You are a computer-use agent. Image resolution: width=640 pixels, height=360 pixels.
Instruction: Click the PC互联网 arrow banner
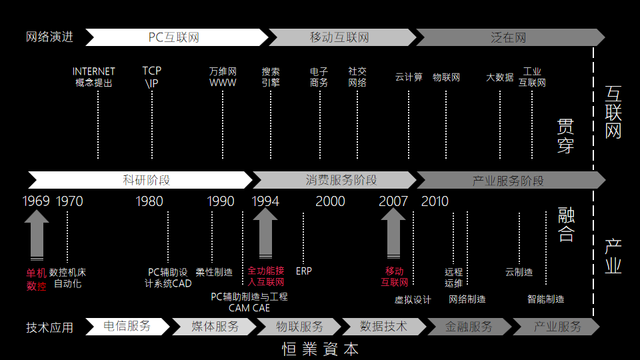(x=175, y=37)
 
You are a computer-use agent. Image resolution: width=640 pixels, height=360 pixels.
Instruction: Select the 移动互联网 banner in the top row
(x=340, y=37)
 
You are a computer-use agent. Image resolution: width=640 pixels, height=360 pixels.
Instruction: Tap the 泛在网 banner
(x=509, y=37)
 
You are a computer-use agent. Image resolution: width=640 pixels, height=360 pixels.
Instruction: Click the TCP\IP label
(x=152, y=77)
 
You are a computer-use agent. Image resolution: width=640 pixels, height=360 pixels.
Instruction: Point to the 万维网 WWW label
(x=223, y=77)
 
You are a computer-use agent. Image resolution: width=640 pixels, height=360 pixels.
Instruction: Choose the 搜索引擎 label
(x=271, y=77)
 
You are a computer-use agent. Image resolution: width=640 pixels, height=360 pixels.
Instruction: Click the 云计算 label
(x=409, y=77)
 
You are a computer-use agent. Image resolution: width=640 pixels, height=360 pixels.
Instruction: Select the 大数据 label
(x=499, y=77)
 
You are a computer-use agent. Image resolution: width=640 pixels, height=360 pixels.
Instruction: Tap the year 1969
(x=36, y=201)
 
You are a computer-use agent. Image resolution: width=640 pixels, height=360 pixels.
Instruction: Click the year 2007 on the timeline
(x=393, y=201)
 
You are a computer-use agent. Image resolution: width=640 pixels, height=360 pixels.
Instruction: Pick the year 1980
(x=149, y=201)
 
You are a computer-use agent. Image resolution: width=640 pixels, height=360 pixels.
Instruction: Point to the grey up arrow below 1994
(x=265, y=233)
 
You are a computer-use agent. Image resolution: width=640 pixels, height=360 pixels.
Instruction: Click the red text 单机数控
(x=37, y=279)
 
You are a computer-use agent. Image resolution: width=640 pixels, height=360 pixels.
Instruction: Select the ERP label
(x=303, y=271)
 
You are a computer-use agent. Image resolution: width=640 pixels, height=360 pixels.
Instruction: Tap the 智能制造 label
(x=545, y=299)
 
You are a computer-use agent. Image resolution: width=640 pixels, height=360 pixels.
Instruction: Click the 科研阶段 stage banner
(x=140, y=180)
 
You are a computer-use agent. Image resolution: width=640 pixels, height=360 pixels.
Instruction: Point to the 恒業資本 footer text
(x=320, y=349)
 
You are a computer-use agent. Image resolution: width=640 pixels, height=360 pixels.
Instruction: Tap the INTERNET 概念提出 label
(x=94, y=77)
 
